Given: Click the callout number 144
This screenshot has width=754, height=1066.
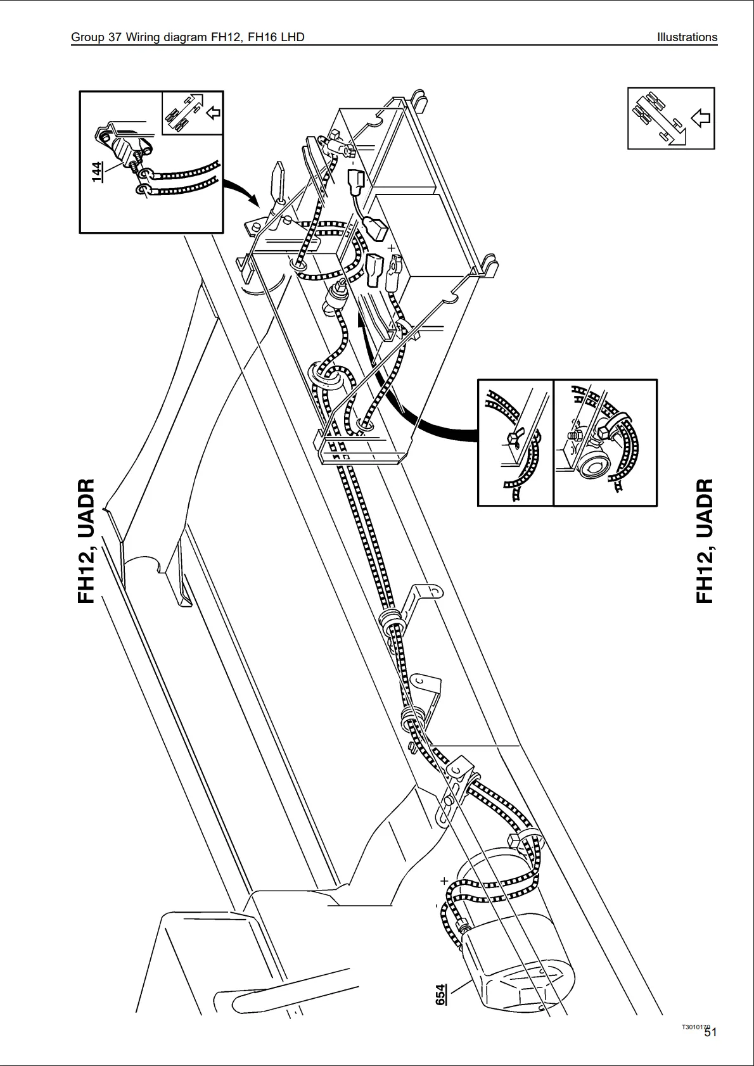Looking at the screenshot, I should pyautogui.click(x=96, y=172).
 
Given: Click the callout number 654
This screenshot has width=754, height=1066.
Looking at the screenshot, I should pyautogui.click(x=440, y=994).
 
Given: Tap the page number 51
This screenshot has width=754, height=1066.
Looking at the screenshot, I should pyautogui.click(x=710, y=1033).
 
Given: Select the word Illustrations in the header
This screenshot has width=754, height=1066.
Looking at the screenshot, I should pyautogui.click(x=687, y=37).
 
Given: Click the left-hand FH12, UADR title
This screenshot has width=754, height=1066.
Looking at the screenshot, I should pyautogui.click(x=86, y=541).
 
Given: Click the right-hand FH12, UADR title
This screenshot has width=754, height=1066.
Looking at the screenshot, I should pyautogui.click(x=705, y=541).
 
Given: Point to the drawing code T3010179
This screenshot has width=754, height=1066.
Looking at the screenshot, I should pyautogui.click(x=695, y=1027).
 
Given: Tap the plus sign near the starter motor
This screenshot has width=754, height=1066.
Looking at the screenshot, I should pyautogui.click(x=444, y=880).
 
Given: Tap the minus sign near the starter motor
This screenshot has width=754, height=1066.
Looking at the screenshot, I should pyautogui.click(x=436, y=906).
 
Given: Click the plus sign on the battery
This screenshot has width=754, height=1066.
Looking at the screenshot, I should pyautogui.click(x=392, y=248).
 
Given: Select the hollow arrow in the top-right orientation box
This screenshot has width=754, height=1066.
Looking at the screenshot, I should pyautogui.click(x=701, y=117).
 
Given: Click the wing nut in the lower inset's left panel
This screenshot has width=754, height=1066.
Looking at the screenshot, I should pyautogui.click(x=512, y=438).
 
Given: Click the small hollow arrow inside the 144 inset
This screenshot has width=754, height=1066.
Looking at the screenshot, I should pyautogui.click(x=214, y=113).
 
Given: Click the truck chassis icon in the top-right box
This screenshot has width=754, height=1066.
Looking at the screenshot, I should pyautogui.click(x=659, y=117).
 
